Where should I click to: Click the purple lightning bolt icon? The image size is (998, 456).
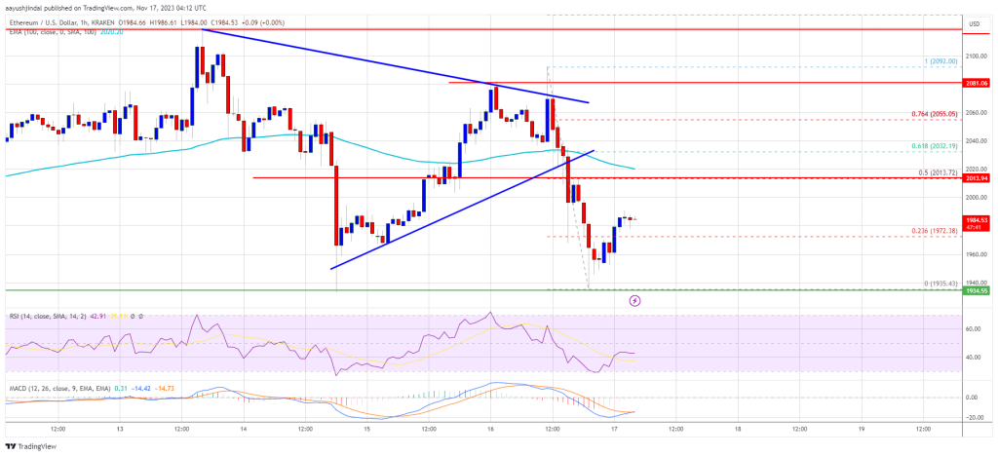pyautogui.click(x=635, y=301)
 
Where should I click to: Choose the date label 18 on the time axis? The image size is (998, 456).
pyautogui.click(x=738, y=429)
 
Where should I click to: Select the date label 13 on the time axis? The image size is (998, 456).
pyautogui.click(x=119, y=429)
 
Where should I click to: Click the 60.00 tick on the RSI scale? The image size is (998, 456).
pyautogui.click(x=973, y=328)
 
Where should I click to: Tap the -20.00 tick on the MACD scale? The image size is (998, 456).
pyautogui.click(x=973, y=417)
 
